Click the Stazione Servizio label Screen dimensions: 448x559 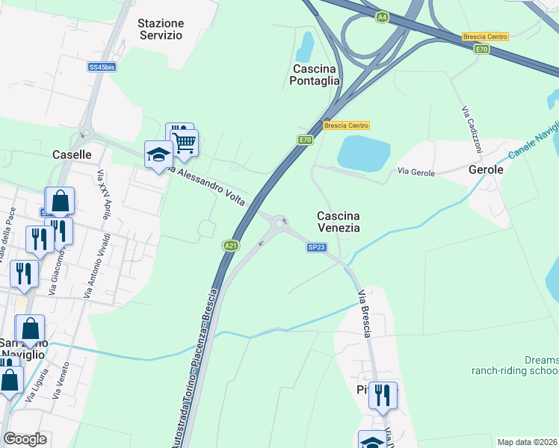click(160, 29)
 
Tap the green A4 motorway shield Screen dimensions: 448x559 click(383, 16)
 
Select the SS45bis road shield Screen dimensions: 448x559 click(102, 67)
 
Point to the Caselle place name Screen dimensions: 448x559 click(72, 155)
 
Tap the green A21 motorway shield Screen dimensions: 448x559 click(231, 245)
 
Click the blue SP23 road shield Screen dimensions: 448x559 click(315, 246)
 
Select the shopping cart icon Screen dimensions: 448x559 click(184, 142)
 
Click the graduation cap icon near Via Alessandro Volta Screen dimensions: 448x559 click(158, 155)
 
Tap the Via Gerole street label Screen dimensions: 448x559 click(416, 172)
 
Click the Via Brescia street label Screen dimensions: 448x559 click(364, 313)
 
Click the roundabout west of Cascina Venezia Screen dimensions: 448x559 click(280, 222)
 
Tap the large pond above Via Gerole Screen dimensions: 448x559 click(363, 153)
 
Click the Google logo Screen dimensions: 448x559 click(25, 439)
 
